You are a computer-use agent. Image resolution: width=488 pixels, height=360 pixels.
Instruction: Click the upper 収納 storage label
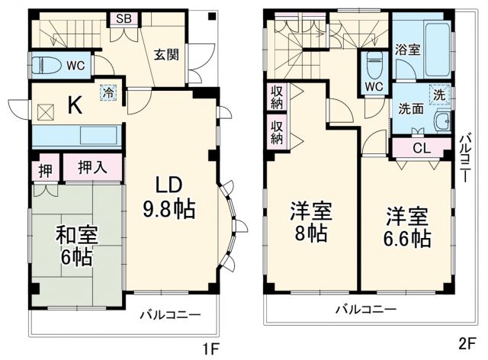tap(277, 97)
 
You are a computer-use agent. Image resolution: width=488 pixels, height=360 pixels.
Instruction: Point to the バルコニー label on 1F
tap(170, 313)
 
